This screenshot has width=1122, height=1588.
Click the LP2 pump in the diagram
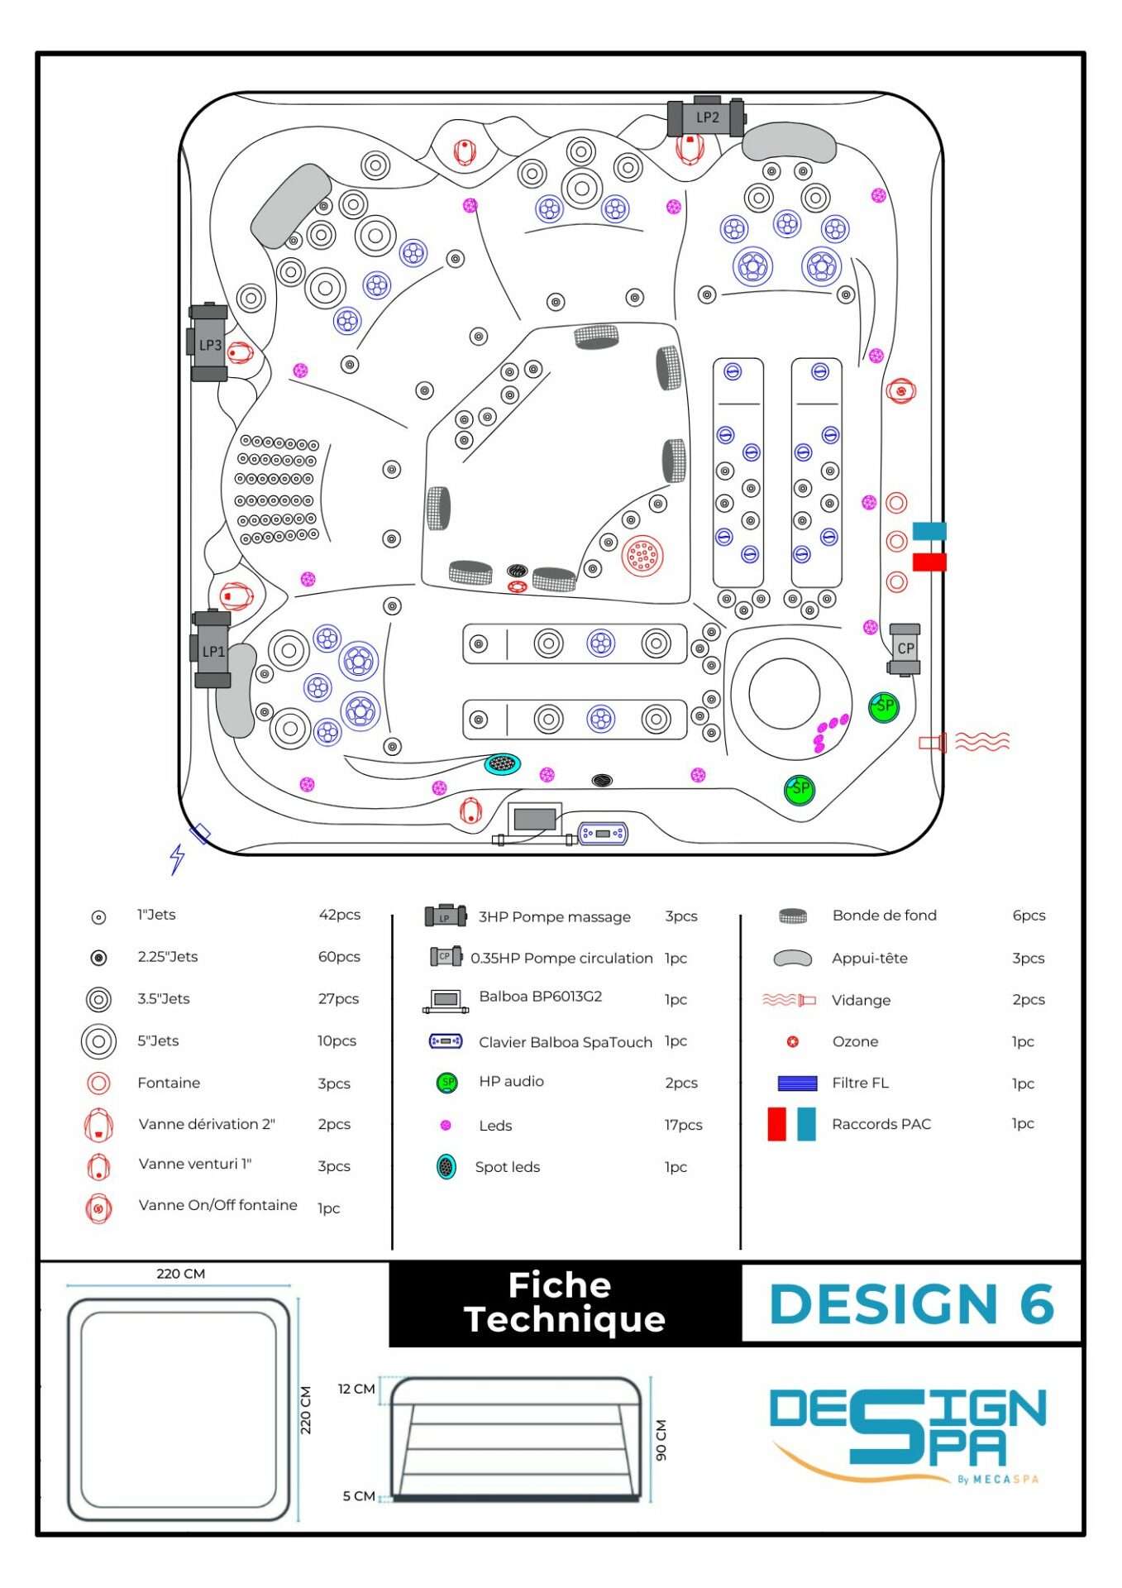pos(706,117)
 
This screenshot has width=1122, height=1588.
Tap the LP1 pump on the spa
pos(212,651)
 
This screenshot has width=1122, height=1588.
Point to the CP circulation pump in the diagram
pos(905,649)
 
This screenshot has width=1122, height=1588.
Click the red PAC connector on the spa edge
pos(929,562)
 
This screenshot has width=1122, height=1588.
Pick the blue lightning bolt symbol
pos(176,859)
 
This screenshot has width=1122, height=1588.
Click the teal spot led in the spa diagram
pos(503,763)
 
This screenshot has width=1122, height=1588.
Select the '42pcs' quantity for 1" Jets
pos(340,915)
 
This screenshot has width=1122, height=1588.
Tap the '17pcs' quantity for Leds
pos(683,1125)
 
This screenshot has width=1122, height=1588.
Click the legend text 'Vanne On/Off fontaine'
pos(217,1205)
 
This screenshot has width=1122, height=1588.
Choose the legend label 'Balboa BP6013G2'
pos(540,997)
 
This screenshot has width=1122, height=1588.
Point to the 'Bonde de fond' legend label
pos(884,916)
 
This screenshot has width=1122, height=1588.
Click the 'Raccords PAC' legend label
pos(881,1124)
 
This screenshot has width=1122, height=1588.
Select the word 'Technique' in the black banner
pos(565,1319)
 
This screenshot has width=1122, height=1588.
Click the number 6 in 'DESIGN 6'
pos(1036,1304)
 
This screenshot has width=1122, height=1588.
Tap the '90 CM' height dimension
pos(661,1440)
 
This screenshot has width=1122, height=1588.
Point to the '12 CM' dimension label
pos(356,1389)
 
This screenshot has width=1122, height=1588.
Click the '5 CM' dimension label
pos(358,1496)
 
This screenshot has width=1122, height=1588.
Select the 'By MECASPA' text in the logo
pos(997,1480)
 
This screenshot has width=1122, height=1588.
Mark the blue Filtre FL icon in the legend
pos(797,1083)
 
